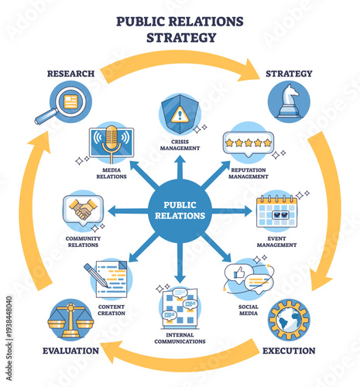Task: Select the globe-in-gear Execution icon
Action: pos(289,320)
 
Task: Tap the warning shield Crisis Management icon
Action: pos(180,114)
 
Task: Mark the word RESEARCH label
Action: pos(70,74)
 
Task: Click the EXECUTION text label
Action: pos(289,351)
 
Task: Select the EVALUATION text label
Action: pos(70,351)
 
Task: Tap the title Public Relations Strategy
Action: pos(180,28)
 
